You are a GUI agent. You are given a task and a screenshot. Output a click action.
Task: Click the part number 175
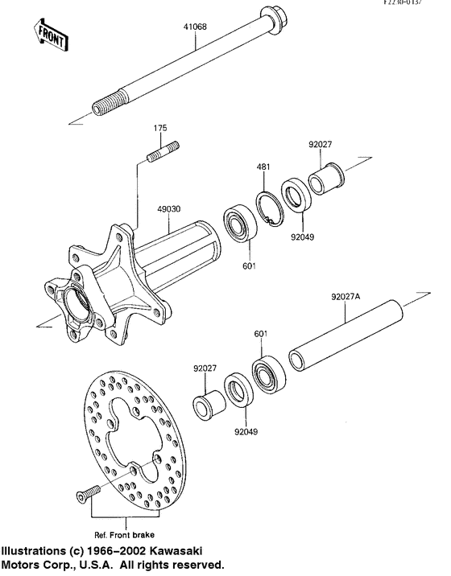160,129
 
